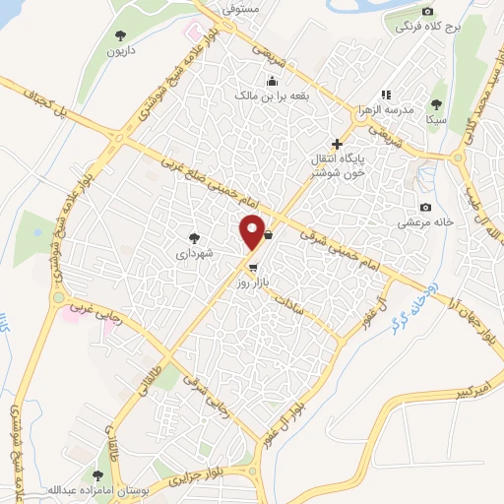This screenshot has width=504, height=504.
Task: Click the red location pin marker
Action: tap(252, 231)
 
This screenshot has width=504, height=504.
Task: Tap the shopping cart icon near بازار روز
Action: tap(253, 267)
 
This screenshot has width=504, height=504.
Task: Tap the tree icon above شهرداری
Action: tap(195, 236)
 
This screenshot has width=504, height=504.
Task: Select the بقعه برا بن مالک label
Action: tap(272, 96)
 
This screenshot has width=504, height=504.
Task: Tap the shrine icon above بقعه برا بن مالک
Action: tap(272, 82)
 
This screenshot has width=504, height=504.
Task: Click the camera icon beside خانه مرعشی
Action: tap(425, 207)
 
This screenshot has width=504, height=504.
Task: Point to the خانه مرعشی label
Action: tap(424, 222)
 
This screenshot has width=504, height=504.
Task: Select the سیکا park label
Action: tap(437, 119)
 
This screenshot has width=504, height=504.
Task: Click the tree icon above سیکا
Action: tap(437, 103)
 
